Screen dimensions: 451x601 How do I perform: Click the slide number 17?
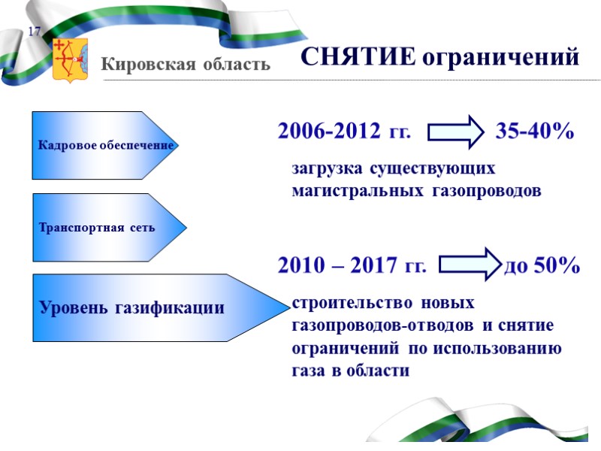pyautogui.click(x=34, y=31)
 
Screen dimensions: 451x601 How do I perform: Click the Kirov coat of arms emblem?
pyautogui.click(x=70, y=59)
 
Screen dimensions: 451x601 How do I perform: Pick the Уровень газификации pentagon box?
pyautogui.click(x=143, y=307)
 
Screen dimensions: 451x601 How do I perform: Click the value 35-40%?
pyautogui.click(x=535, y=132)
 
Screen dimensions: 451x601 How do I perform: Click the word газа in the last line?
pyautogui.click(x=308, y=371)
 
